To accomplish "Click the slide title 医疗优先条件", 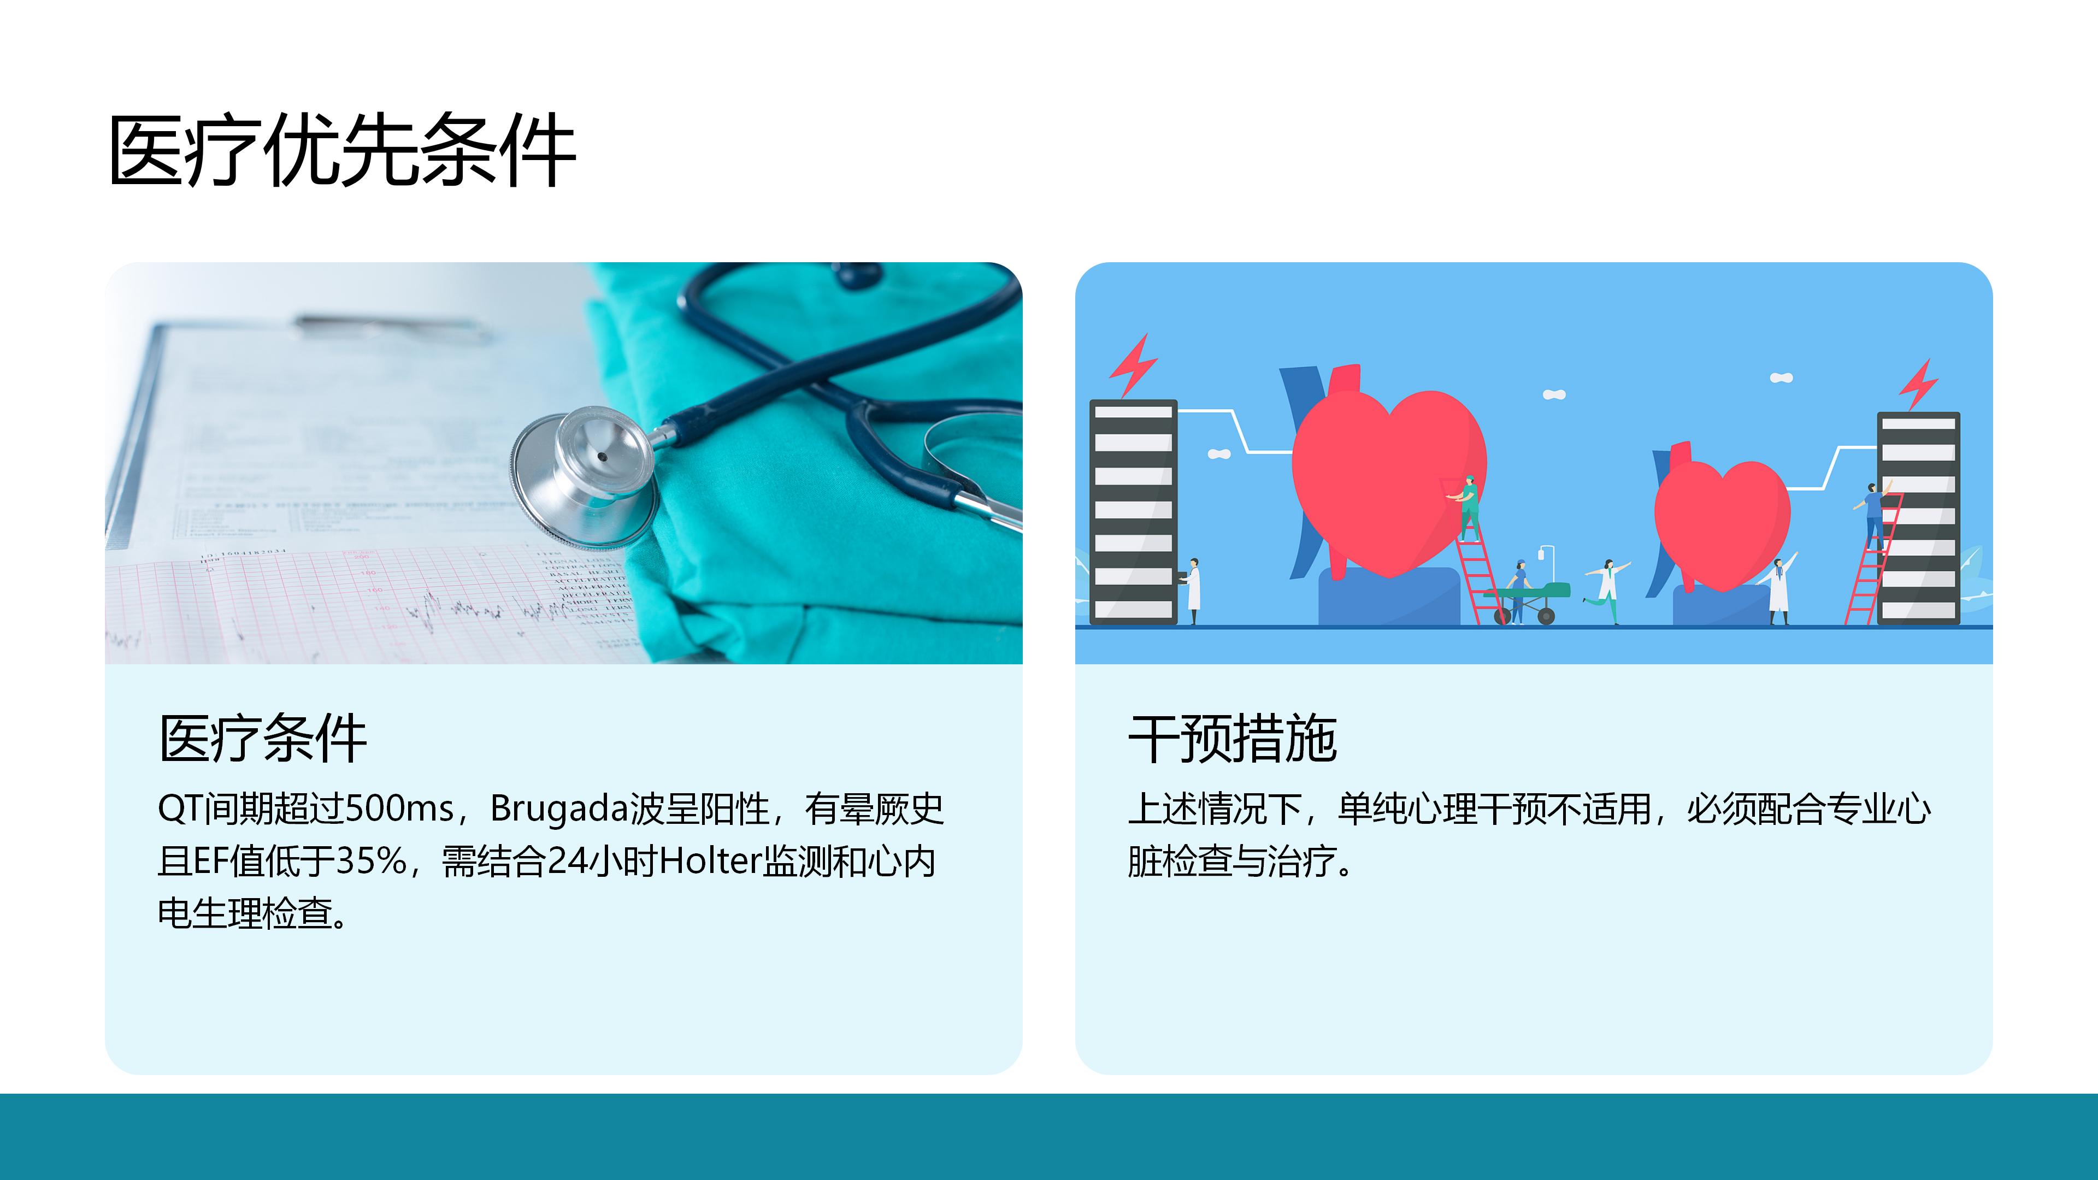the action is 342,151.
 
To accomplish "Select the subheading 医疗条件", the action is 262,739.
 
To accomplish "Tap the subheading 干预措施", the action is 1232,739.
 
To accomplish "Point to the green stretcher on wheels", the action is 1528,601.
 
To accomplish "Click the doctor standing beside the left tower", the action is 1192,591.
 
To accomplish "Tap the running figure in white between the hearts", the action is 1608,591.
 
